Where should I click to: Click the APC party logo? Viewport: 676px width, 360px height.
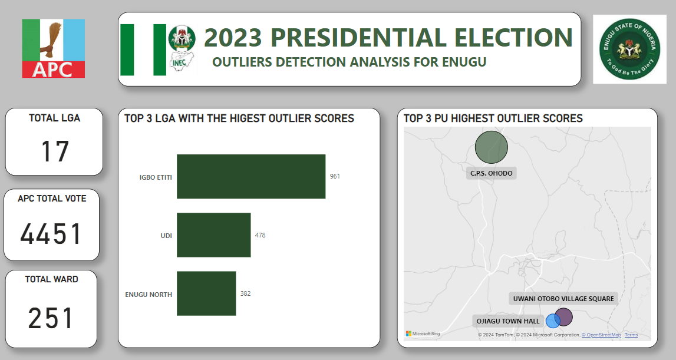(54, 48)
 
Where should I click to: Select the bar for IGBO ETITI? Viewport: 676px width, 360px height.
(251, 176)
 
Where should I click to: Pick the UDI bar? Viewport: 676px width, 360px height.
(214, 235)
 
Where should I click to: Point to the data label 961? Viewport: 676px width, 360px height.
(335, 176)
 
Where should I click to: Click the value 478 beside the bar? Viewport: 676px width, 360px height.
(260, 235)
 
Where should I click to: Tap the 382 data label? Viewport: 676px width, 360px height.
(245, 293)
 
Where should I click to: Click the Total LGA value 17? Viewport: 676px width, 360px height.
(55, 151)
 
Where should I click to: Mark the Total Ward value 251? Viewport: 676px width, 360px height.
(51, 319)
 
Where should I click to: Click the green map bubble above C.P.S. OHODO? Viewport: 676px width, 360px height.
(491, 147)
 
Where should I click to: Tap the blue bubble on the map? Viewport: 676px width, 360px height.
(552, 321)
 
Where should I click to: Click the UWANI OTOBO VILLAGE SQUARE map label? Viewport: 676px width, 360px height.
(563, 299)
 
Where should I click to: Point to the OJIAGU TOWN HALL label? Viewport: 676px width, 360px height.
(508, 321)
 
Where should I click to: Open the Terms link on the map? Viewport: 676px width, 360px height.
(631, 335)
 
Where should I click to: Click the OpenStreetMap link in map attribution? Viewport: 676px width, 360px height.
(601, 335)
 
